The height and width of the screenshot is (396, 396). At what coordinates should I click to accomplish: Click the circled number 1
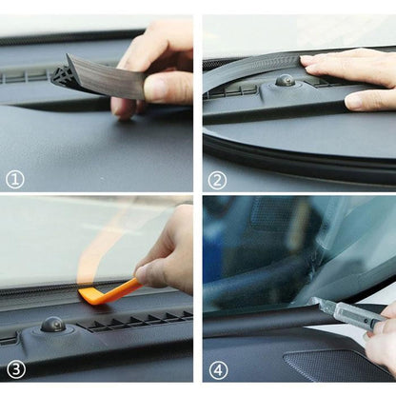pos(15,180)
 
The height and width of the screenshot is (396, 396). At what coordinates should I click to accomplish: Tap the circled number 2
pos(217,181)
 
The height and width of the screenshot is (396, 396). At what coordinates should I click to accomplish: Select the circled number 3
pos(16,369)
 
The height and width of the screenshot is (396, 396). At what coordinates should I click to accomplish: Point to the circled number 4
pos(219,370)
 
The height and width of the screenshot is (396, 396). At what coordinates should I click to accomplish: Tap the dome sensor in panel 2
pos(285,81)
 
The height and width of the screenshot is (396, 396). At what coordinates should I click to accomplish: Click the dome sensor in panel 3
pos(53,324)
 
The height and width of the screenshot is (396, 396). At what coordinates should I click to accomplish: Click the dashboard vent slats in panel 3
pos(135,321)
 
